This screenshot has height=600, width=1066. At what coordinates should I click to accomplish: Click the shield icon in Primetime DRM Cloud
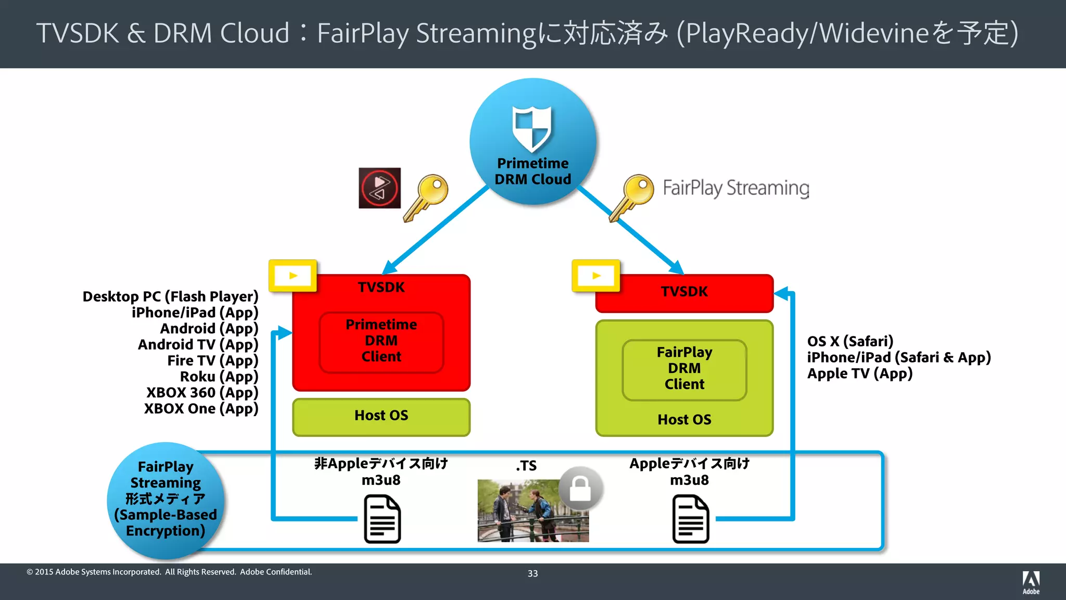[x=531, y=128]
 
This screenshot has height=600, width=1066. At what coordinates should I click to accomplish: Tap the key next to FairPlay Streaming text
[x=631, y=197]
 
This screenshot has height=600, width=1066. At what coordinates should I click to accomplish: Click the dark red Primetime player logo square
[x=379, y=188]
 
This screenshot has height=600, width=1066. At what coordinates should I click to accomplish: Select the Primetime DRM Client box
[x=382, y=341]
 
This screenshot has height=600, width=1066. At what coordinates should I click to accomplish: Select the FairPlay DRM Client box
[x=684, y=369]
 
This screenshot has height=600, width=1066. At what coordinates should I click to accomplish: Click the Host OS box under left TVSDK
[x=382, y=416]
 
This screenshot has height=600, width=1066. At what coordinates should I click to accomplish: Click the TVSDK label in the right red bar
[x=684, y=292]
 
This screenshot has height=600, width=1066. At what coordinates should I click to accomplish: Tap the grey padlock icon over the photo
[x=580, y=489]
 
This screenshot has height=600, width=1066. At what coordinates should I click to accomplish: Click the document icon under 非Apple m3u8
[x=382, y=519]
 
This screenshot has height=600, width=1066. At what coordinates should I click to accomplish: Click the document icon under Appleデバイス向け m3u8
[x=690, y=519]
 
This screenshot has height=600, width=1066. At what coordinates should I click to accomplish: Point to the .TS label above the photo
[x=526, y=466]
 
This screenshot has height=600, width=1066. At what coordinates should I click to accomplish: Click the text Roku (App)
[x=219, y=377]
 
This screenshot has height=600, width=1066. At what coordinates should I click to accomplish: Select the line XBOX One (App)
[x=201, y=409]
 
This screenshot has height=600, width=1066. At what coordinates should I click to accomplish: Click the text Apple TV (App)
[x=859, y=374]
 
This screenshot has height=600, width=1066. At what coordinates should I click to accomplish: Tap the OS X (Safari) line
[x=850, y=342]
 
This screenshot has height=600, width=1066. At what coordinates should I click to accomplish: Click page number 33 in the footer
[x=532, y=573]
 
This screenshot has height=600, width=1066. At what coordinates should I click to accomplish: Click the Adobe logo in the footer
[x=1031, y=582]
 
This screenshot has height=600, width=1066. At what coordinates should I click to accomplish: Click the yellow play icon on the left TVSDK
[x=293, y=276]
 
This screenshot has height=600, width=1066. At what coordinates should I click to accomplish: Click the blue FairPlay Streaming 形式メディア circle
[x=165, y=499]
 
